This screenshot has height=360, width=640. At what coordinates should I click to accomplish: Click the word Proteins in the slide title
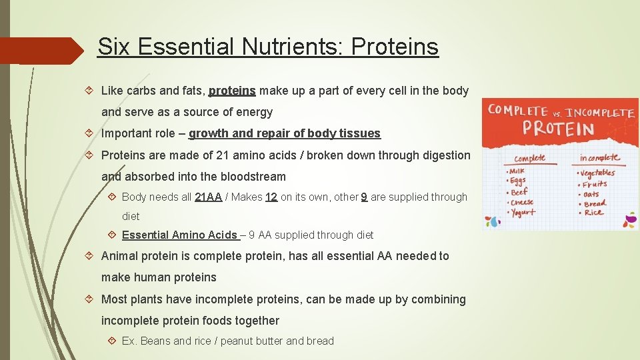[x=395, y=47]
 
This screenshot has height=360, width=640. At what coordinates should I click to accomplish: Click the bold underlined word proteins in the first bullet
[x=232, y=91]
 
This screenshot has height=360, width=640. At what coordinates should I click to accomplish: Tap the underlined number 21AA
[x=208, y=197]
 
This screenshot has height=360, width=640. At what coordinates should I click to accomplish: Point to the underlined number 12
[x=271, y=197]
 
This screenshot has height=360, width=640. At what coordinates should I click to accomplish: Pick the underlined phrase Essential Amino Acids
[x=180, y=235]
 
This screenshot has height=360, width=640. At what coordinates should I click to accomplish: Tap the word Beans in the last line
[x=156, y=341]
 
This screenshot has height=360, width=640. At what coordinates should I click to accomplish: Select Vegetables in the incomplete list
[x=599, y=173]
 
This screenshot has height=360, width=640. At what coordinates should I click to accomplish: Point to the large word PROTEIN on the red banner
[x=559, y=128]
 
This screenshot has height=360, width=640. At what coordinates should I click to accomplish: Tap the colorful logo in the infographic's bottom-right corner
[x=629, y=220]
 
